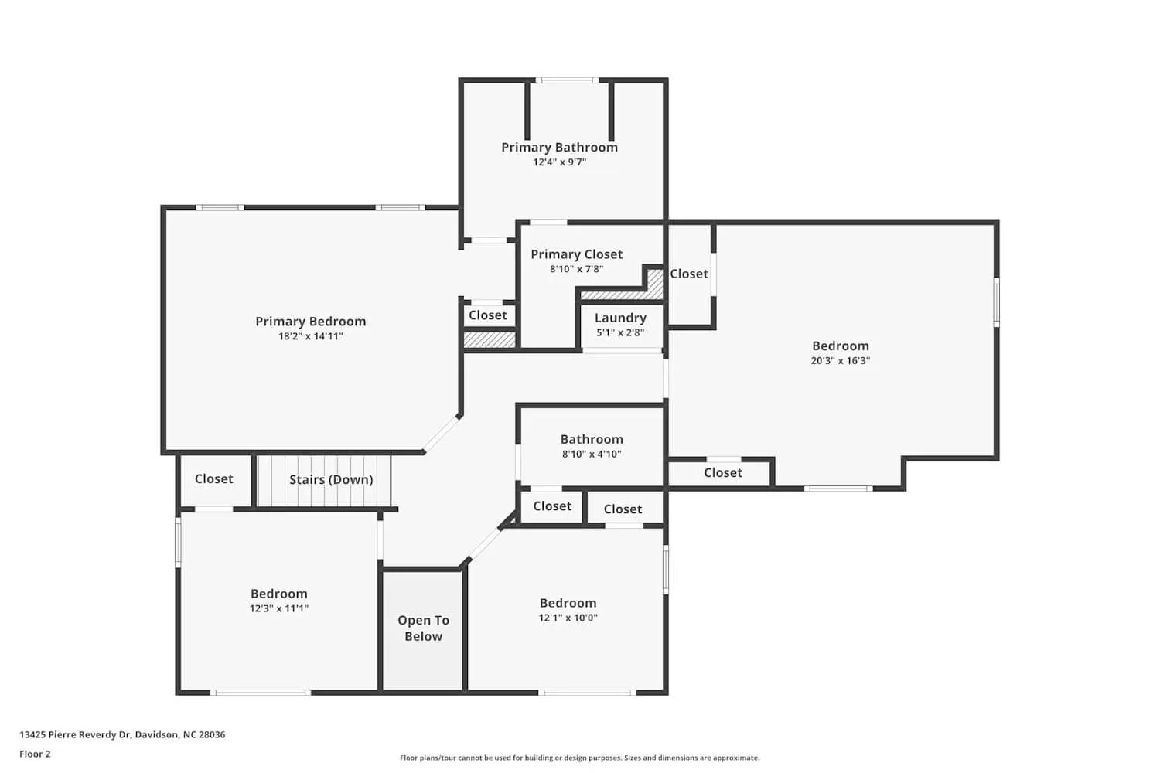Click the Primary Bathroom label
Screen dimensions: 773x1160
[x=559, y=147]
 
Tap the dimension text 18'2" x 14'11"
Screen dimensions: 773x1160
[x=310, y=336]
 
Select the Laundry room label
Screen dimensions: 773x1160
[x=620, y=318]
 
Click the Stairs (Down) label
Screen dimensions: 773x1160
[x=331, y=479]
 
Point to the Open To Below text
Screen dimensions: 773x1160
[x=423, y=628]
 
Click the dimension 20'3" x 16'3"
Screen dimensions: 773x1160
[x=840, y=360]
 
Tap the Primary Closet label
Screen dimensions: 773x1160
[x=576, y=254]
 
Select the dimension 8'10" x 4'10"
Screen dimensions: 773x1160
[x=592, y=454]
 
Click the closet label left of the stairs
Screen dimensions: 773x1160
[x=213, y=478]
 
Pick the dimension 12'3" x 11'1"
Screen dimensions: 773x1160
[x=278, y=608]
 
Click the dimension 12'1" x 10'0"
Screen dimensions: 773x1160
[x=568, y=618]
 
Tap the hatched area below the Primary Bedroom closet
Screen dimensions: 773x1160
[x=489, y=339]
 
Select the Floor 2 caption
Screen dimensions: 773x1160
[x=35, y=754]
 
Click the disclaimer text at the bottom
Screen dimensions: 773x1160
[x=579, y=758]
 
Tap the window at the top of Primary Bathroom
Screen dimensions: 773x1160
[x=567, y=80]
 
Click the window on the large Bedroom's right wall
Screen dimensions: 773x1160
[x=996, y=301]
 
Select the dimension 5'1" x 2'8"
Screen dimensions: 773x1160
[x=620, y=332]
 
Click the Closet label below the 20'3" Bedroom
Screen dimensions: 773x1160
[x=722, y=472]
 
